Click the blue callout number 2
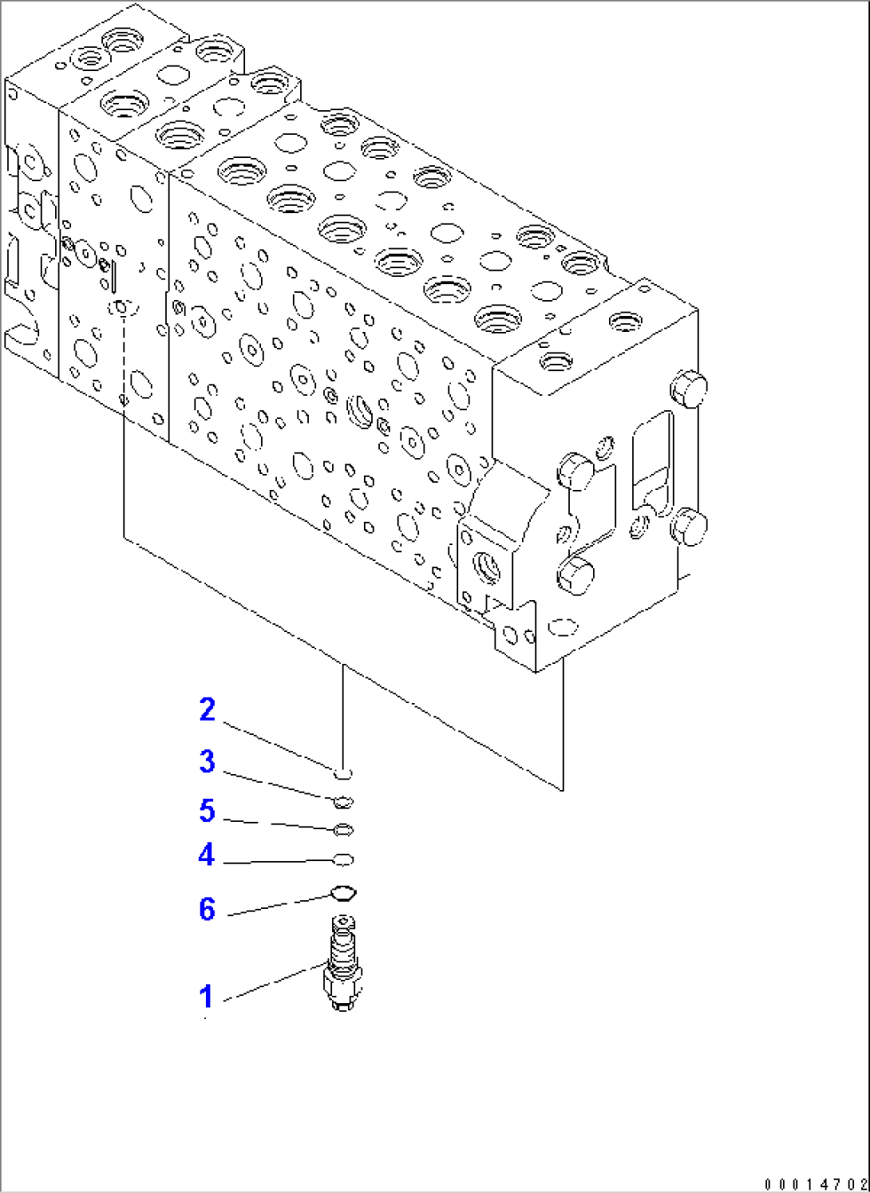(x=208, y=709)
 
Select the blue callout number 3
(x=208, y=761)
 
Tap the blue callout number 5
(x=208, y=811)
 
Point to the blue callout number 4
(x=207, y=855)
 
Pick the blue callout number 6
(x=208, y=909)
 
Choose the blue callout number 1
(x=207, y=996)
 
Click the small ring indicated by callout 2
(x=342, y=773)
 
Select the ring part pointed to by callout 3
(x=343, y=802)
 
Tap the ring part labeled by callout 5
(x=343, y=831)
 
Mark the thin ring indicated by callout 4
(x=343, y=859)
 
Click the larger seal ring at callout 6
(x=343, y=893)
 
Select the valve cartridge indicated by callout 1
(x=343, y=966)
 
